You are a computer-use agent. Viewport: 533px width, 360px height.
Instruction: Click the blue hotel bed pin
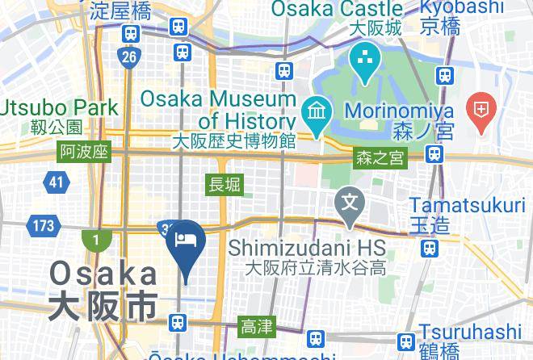pos(187,242)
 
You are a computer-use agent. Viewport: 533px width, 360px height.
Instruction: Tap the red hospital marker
pos(483,113)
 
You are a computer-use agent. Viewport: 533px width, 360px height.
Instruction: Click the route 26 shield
pos(128,57)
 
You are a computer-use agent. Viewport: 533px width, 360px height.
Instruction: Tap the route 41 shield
pos(55,182)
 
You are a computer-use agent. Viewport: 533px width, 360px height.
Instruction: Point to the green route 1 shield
pos(94,239)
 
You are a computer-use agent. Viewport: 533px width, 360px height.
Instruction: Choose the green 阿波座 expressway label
pos(84,151)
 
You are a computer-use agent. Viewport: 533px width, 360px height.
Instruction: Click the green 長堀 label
pos(225,185)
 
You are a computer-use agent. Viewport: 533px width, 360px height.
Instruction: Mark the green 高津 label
pos(257,327)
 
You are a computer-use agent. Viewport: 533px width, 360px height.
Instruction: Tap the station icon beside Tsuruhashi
pos(406,341)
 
